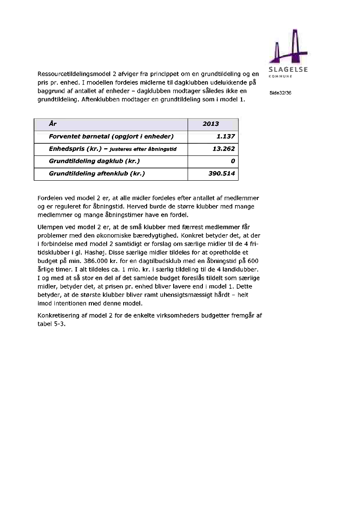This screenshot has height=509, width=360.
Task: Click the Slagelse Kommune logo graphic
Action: click(x=289, y=47)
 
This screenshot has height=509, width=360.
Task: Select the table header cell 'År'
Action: click(x=53, y=124)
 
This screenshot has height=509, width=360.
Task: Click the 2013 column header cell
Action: click(x=211, y=124)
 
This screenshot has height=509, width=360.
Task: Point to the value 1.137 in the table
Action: click(x=225, y=137)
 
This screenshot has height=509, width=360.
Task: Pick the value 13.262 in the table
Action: click(x=224, y=149)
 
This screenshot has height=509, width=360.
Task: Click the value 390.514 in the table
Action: click(x=222, y=174)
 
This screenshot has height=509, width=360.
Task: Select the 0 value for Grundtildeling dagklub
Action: click(x=233, y=162)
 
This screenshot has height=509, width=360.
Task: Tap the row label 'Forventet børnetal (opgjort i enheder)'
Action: click(x=111, y=137)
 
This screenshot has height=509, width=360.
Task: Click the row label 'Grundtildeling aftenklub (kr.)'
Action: click(x=97, y=174)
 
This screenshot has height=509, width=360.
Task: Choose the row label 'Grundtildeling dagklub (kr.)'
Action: click(x=94, y=162)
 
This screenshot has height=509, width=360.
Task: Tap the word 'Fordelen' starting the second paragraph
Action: click(x=51, y=198)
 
